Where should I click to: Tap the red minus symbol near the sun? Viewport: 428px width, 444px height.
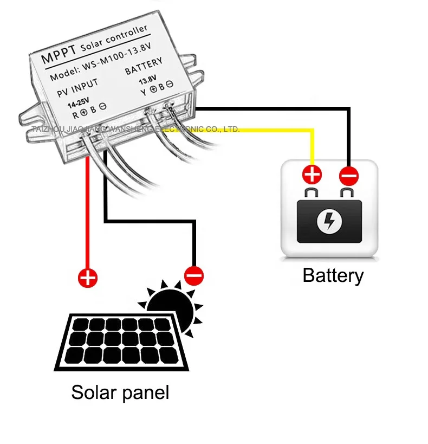193,275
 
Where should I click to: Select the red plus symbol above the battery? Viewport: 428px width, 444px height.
312,175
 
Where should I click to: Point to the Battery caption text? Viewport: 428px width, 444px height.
333,275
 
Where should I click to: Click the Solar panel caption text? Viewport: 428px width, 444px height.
120,392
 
